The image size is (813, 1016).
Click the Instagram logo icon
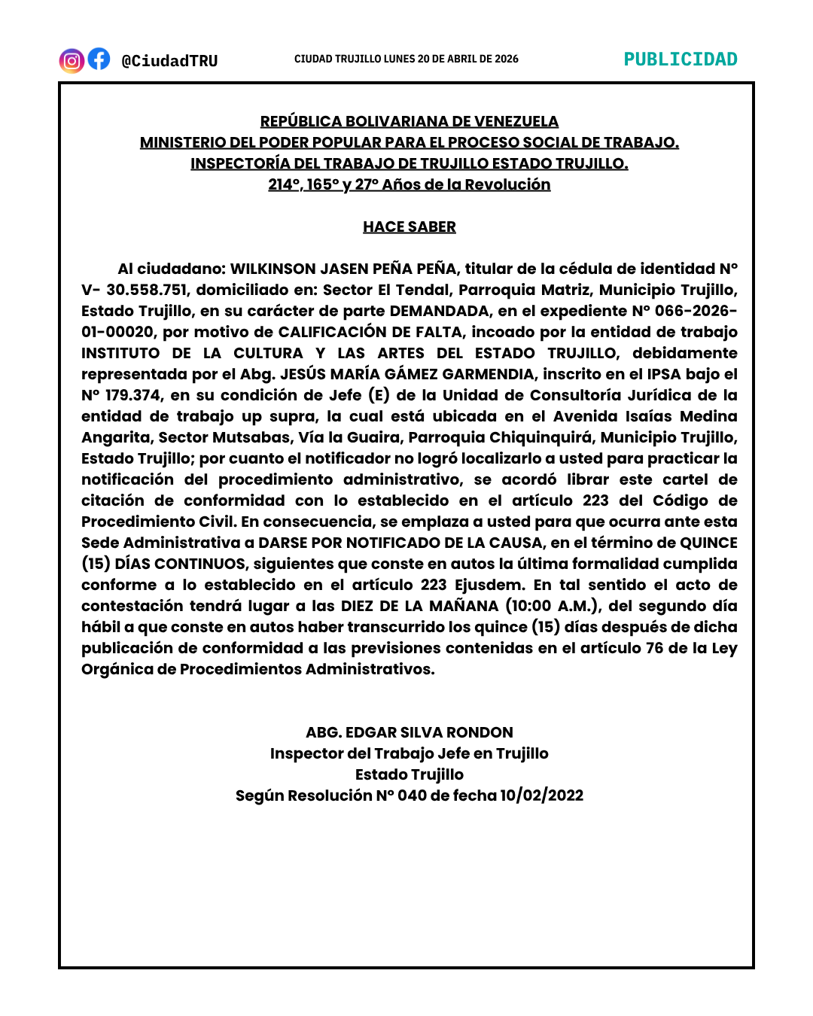tap(72, 60)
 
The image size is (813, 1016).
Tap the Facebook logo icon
tap(99, 59)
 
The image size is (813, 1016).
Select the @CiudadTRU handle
tap(169, 61)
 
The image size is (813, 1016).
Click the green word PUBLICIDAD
tap(681, 59)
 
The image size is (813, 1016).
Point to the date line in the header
tap(406, 59)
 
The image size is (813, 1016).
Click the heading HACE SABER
tap(410, 227)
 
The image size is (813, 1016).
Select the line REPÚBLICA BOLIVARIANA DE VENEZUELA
tap(410, 121)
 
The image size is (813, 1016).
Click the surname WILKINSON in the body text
tap(273, 269)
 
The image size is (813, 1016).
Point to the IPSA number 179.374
tap(132, 395)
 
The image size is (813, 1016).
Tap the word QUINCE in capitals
tap(708, 543)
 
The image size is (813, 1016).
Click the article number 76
tap(654, 648)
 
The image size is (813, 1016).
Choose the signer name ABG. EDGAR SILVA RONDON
tap(410, 732)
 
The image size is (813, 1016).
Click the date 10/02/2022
tap(542, 795)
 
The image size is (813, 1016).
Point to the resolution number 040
tap(412, 795)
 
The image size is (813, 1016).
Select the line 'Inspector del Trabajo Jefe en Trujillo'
tap(410, 753)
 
